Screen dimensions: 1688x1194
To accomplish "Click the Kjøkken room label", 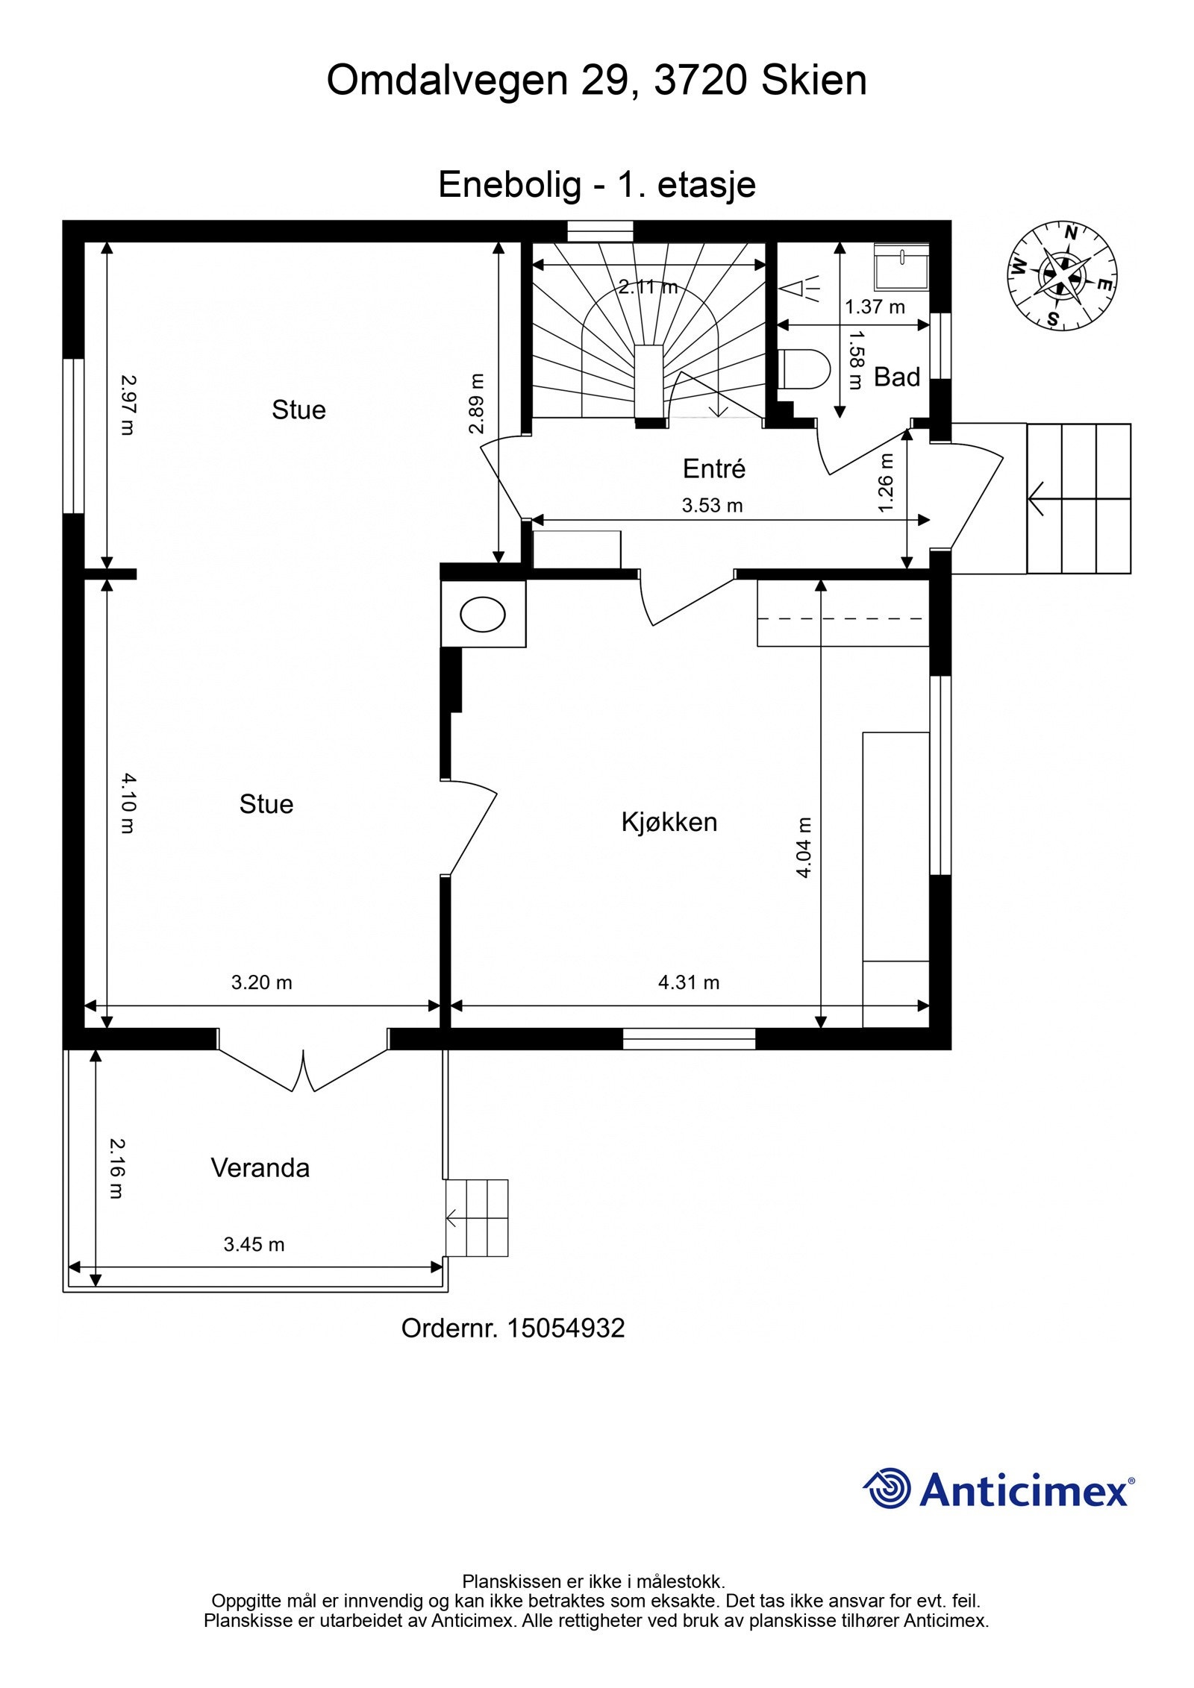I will coord(669,822).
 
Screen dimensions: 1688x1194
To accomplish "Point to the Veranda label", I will coord(260,1167).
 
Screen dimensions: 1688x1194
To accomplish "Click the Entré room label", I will coord(714,468).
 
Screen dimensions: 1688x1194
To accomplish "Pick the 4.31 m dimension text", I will coord(688,982).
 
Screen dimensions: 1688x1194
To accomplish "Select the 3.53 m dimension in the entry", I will coord(712,506).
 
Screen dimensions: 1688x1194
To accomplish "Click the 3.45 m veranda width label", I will coord(254,1244).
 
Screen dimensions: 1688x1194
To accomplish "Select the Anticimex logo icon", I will coord(887,1488).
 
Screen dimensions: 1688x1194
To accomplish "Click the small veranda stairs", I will coord(477,1218).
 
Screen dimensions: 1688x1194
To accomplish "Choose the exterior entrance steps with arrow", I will coord(1078,498).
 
